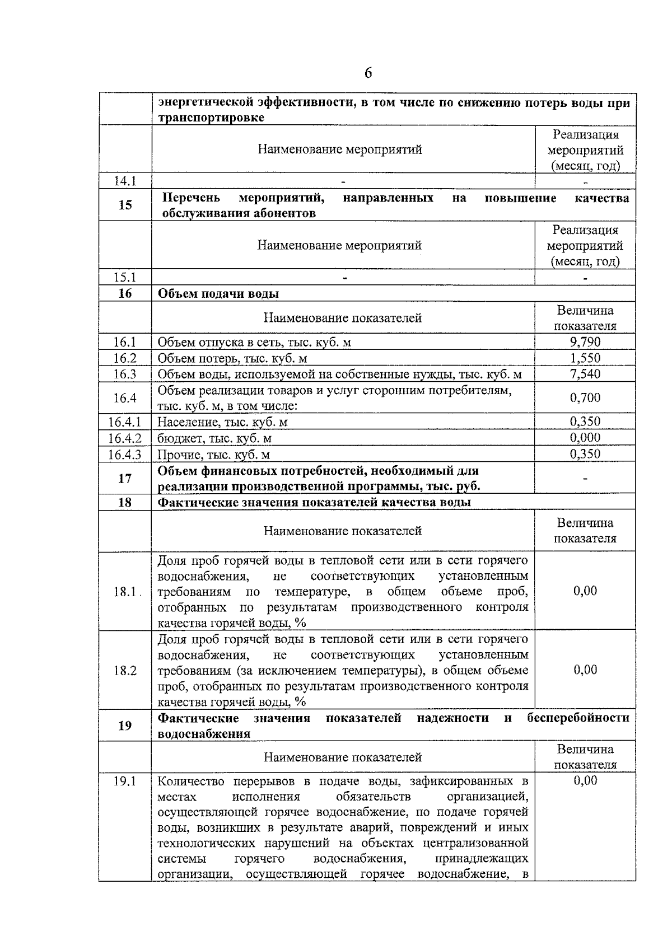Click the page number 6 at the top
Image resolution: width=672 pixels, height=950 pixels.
[x=368, y=73]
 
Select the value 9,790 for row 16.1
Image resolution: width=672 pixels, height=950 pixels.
[x=585, y=342]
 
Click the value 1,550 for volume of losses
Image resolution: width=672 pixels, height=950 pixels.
[x=585, y=358]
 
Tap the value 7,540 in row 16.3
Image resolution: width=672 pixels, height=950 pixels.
[x=585, y=374]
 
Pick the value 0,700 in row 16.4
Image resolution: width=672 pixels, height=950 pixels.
[x=585, y=398]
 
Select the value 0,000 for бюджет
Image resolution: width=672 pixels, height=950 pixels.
[x=585, y=438]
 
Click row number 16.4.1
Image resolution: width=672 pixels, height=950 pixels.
[x=125, y=422]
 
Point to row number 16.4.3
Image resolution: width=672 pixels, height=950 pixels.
[x=125, y=455]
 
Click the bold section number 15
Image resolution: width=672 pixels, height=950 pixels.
[x=125, y=205]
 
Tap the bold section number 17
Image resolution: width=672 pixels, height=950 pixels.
[x=125, y=479]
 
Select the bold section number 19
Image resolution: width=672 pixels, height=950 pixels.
[x=125, y=726]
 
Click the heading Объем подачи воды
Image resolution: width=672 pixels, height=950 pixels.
[x=218, y=294]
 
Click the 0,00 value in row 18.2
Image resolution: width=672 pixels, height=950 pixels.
[x=585, y=670]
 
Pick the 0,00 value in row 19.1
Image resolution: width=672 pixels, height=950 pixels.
[x=585, y=781]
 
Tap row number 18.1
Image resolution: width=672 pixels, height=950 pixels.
[x=125, y=592]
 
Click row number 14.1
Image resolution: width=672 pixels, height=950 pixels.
[x=125, y=181]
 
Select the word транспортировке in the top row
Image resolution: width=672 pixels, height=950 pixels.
[x=211, y=119]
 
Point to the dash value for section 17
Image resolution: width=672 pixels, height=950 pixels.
[x=585, y=479]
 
